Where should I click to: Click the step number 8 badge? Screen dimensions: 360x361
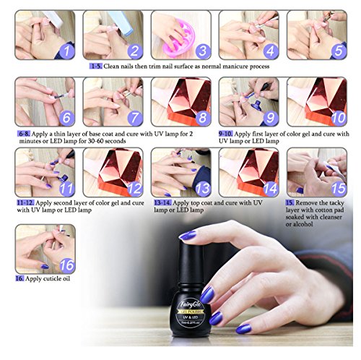coord(202,117)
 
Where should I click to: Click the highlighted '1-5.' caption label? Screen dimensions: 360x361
coord(96,67)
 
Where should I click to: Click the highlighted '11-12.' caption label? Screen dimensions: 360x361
coord(27,205)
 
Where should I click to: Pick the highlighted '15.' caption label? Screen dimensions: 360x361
coord(292,205)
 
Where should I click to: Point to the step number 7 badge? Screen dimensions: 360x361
coord(134,117)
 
